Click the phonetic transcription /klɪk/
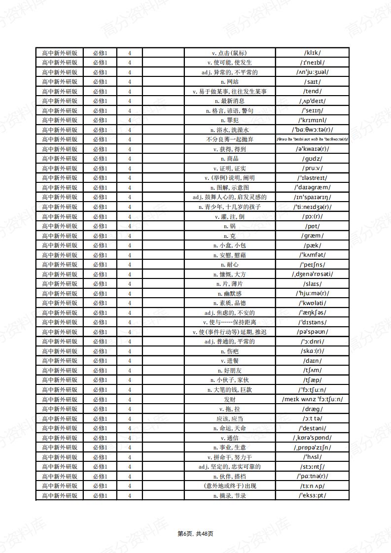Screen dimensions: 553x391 coord(312,53)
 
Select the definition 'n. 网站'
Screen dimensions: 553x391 coord(230,82)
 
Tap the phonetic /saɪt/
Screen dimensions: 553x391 coord(312,82)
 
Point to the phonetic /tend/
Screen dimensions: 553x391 coord(312,91)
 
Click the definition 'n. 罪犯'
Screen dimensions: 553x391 coord(230,120)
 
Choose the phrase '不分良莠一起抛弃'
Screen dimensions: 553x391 coord(230,139)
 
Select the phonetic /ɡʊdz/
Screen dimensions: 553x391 coord(312,159)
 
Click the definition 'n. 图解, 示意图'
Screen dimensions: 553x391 coord(230,187)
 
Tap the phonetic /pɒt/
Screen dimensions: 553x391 coord(312,226)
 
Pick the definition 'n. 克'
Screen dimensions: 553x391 coord(230,236)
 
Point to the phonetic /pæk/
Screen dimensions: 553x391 coord(312,245)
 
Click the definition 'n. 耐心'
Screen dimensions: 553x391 coord(230,265)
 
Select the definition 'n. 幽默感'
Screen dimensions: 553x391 coord(230,293)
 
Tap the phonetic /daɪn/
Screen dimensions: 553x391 coord(312,361)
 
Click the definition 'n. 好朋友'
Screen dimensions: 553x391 coord(230,370)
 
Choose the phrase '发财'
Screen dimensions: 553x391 coord(230,399)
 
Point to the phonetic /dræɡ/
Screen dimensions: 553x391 coord(312,409)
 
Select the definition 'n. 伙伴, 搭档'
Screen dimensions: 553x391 coord(230,476)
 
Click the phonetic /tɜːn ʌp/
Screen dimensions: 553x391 coord(312,486)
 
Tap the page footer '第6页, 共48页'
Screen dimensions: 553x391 coord(195,534)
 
